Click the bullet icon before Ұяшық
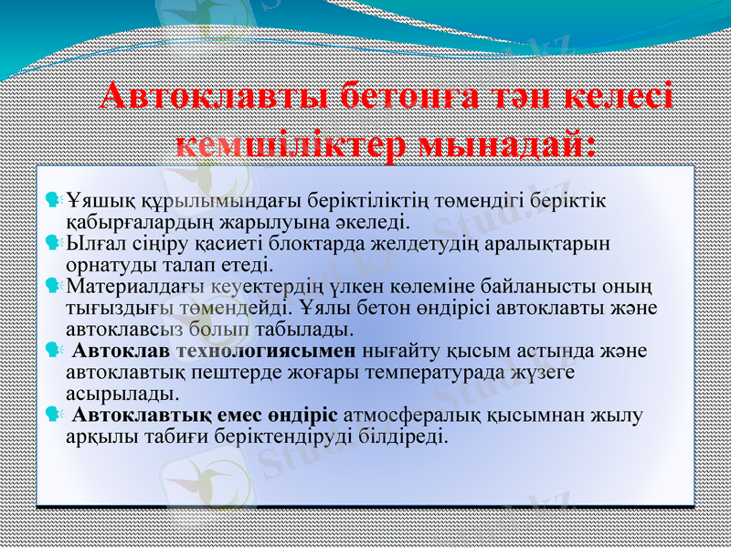tap(54, 197)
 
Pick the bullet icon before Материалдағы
tap(54, 287)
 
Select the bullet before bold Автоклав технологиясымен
tap(54, 349)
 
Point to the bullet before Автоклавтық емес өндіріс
tap(54, 415)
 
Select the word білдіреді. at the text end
tap(403, 437)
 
